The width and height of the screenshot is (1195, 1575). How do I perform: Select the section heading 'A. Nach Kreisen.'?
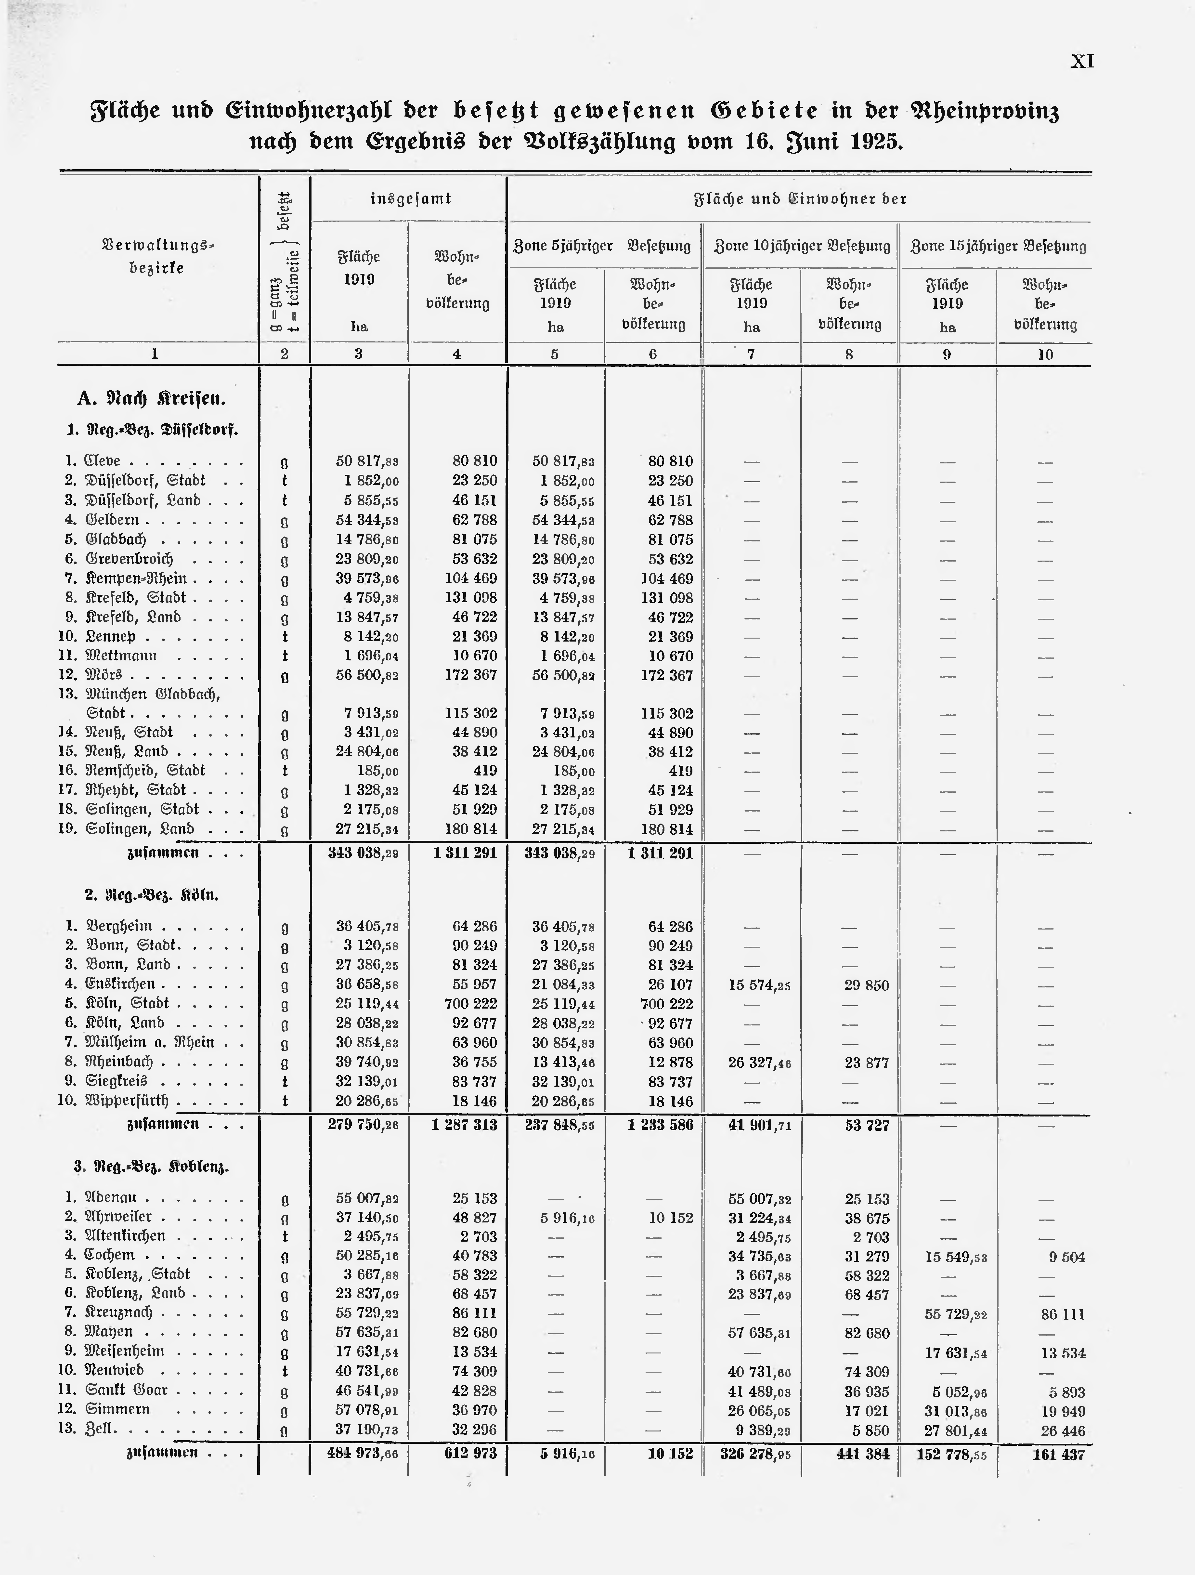[151, 399]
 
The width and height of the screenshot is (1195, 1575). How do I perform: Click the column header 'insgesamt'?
[411, 199]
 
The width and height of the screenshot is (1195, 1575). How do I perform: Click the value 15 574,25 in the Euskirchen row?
[759, 985]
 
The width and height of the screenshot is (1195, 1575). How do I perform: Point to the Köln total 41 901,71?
[759, 1126]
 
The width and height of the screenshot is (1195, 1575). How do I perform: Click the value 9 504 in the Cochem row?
[1067, 1258]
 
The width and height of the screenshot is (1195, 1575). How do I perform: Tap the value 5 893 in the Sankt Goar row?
[1067, 1392]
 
